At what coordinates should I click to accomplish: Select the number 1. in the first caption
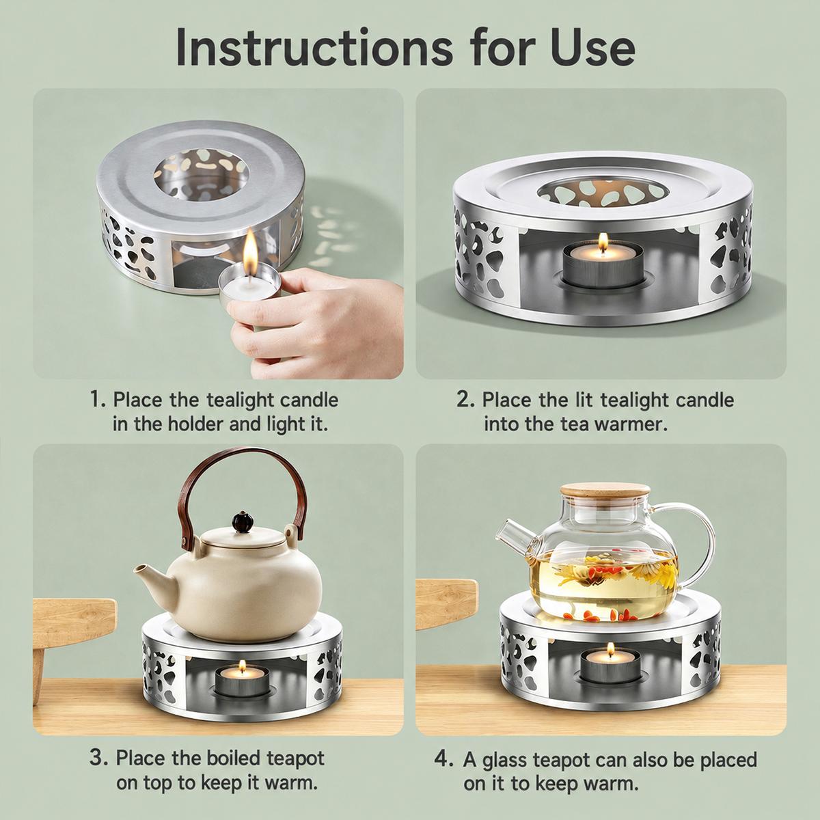click(x=98, y=400)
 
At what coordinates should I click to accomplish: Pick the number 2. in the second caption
click(x=465, y=400)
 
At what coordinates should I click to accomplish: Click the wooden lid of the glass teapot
click(x=605, y=495)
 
